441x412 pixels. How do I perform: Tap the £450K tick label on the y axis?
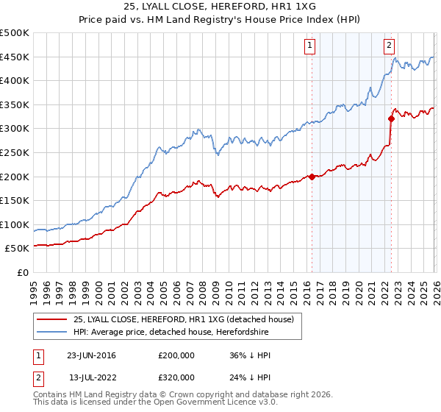(x=15, y=57)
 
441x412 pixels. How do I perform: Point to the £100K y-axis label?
(x=15, y=224)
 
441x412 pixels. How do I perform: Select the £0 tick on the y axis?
(x=22, y=272)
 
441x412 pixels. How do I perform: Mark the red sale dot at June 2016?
(x=312, y=177)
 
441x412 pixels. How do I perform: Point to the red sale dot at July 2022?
(x=391, y=118)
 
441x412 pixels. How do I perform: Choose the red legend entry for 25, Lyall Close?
(x=184, y=319)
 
